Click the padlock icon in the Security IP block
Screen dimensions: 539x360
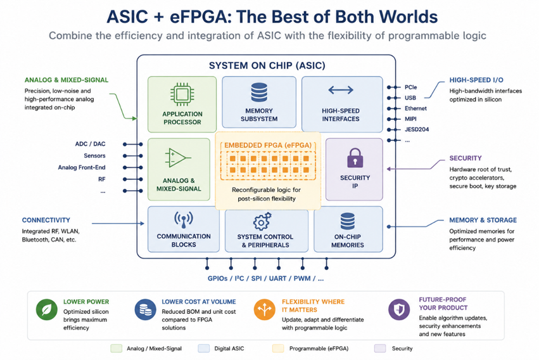point(355,158)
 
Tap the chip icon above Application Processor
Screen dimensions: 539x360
point(182,94)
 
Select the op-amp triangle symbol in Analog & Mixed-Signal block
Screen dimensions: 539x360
point(178,158)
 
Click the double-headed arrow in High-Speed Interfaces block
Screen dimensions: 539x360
point(341,90)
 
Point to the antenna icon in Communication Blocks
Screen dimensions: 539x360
point(183,220)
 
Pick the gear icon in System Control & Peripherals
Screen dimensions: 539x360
point(262,221)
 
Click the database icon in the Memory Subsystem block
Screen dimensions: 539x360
point(259,92)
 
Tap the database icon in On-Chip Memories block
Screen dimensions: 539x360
point(348,221)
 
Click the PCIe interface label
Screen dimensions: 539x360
point(411,87)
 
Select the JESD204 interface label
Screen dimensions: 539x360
point(417,130)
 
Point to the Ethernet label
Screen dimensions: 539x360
point(415,108)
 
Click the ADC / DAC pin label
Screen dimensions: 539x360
point(90,144)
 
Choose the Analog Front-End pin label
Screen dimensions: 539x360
point(82,167)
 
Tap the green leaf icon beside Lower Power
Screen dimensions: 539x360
point(47,309)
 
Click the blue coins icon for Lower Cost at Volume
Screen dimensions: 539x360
point(146,309)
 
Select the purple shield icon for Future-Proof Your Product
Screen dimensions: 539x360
point(399,309)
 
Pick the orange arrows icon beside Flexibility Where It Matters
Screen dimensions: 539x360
point(264,309)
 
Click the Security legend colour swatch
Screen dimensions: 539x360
point(380,349)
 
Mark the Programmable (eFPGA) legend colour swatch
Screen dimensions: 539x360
point(278,349)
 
